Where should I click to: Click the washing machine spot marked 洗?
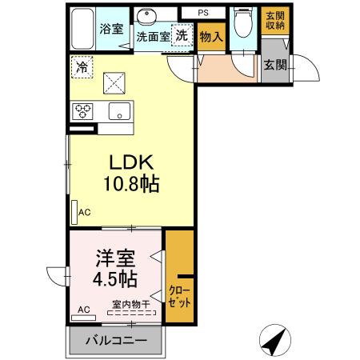pos(182,35)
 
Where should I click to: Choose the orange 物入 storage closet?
pos(210,37)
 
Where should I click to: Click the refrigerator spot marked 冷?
pos(82,67)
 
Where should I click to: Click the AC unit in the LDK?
pos(74,213)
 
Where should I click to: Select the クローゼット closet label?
pos(178,297)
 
